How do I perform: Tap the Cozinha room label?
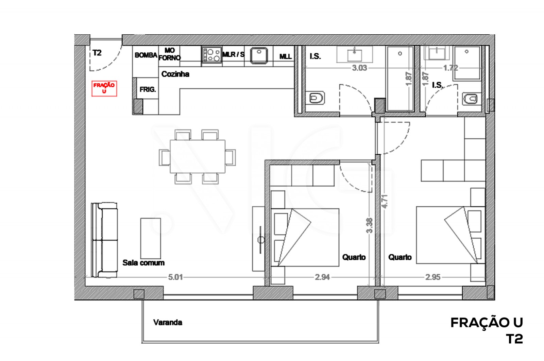pos(175,74)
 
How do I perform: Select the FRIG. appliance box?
pos(148,89)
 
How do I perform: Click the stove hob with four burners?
pos(212,55)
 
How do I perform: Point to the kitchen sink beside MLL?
pos(259,55)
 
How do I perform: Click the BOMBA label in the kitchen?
pos(146,55)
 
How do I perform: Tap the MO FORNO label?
pos(170,54)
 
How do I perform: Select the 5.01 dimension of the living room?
pos(175,277)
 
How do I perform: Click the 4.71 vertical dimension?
pos(385,201)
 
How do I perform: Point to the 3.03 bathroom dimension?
pos(359,68)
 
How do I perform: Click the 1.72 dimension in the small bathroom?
pos(451,68)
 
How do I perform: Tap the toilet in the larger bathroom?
pos(317,98)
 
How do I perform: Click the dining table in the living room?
pos(198,157)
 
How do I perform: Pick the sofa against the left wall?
pos(104,240)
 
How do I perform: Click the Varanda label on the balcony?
pos(168,322)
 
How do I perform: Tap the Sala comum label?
pos(143,263)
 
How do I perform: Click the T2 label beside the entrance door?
pos(97,53)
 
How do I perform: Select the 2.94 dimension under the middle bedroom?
pos(322,277)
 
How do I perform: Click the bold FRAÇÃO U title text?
pos(487,323)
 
